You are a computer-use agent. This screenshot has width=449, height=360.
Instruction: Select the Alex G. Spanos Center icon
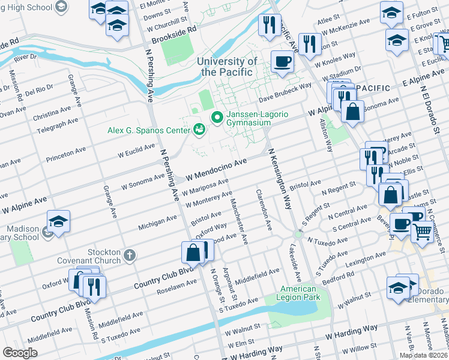(x=199, y=129)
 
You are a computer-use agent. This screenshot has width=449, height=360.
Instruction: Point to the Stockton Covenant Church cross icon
(x=129, y=256)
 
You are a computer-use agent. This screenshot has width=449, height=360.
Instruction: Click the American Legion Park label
(x=299, y=293)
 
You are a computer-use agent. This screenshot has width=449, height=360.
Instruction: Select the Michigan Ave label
(x=158, y=222)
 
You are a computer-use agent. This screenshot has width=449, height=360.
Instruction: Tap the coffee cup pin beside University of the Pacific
(x=282, y=61)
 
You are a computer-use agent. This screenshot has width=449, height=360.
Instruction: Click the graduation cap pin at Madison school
(x=58, y=221)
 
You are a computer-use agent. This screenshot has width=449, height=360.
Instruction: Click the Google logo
(x=20, y=353)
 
